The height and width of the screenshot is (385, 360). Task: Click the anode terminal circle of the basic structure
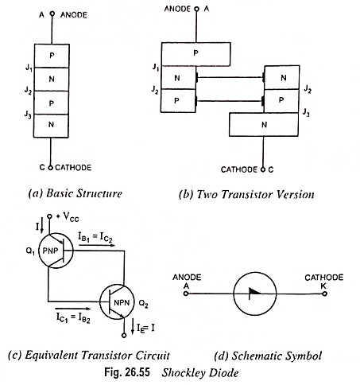point(52,14)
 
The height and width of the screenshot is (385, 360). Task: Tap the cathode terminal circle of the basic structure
point(51,167)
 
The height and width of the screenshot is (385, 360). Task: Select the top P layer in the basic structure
point(52,56)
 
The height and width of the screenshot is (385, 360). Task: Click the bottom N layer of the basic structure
point(51,126)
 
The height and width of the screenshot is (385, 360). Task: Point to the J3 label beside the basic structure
point(28,115)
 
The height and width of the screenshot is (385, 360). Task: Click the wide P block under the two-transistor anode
point(195,54)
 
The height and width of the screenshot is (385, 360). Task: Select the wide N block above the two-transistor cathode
point(264,125)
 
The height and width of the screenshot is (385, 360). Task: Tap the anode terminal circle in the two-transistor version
point(196,10)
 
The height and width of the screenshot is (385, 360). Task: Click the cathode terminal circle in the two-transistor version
point(263,169)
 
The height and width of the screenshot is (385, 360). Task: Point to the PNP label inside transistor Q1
point(50,251)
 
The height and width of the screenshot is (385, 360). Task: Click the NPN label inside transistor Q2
point(122,302)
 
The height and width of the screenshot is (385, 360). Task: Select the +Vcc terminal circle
point(49,216)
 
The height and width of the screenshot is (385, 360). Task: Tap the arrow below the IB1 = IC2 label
point(97,245)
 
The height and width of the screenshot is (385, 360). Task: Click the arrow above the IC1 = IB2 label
point(72,309)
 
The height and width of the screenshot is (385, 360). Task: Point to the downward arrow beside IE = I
point(133,327)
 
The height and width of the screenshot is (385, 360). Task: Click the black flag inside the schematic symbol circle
point(254,292)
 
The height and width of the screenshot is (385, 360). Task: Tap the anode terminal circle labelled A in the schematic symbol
point(186,294)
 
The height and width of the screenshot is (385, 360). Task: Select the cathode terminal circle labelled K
point(325,294)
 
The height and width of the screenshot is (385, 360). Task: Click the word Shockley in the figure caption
point(180,373)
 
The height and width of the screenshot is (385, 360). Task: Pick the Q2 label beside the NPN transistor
point(144,304)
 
